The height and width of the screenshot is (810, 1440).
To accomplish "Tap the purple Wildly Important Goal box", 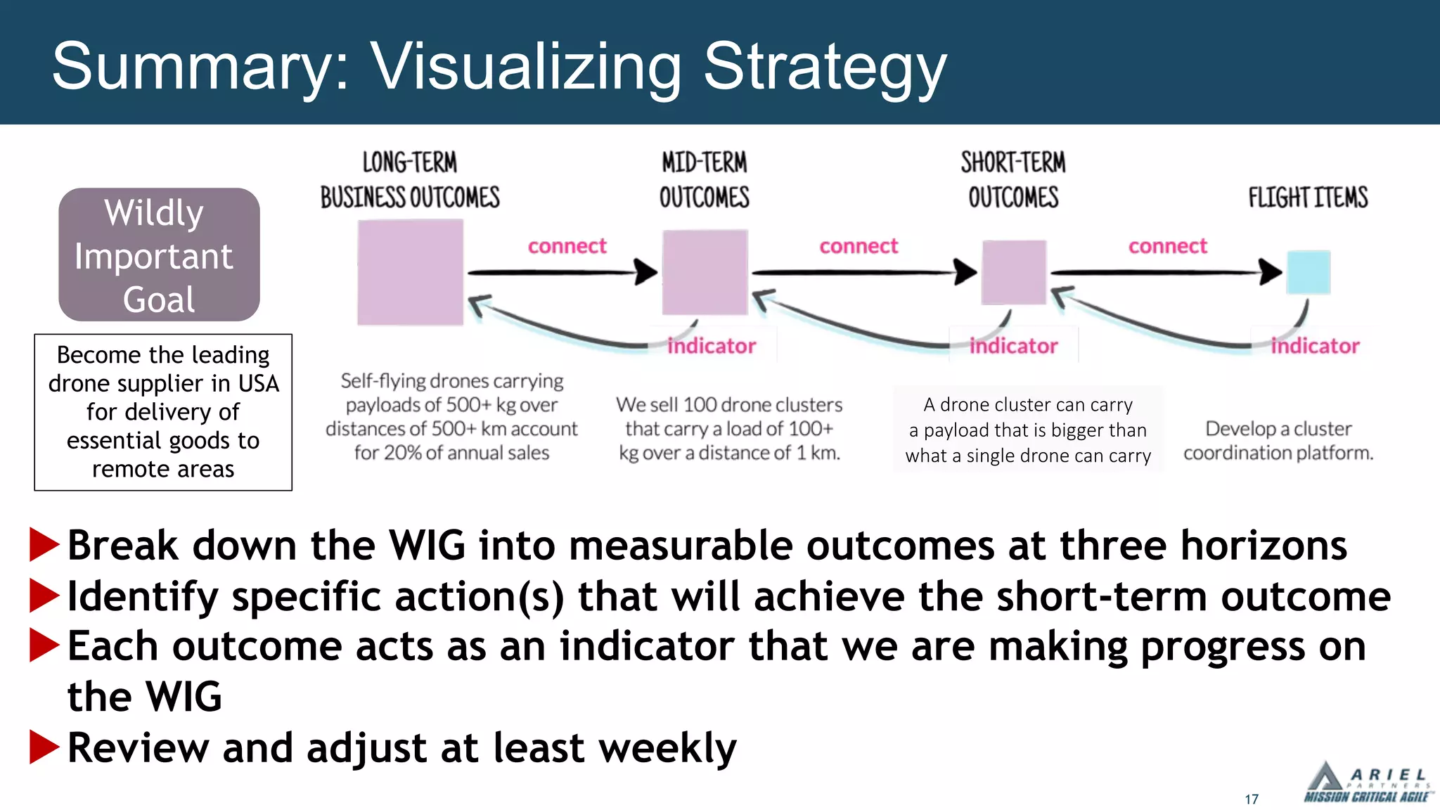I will pos(159,255).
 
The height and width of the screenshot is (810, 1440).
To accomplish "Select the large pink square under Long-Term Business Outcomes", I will pos(410,272).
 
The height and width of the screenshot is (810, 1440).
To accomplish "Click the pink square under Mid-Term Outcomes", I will pos(705,272).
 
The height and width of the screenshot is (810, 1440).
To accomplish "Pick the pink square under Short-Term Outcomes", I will pos(1013,272).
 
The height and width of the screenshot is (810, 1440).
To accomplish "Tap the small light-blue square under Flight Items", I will pos(1308,272).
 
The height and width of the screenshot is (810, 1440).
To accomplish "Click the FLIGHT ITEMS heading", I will pos(1308,198).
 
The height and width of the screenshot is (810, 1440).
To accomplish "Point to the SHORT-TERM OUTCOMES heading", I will pos(1013,180).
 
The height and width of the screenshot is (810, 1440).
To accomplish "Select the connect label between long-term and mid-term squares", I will pos(567,246).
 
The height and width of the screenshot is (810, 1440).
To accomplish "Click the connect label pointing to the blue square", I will pos(1167,246).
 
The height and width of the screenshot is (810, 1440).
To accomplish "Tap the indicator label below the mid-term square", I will pos(711,346).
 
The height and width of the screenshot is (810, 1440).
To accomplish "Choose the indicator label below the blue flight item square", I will pos(1315,346).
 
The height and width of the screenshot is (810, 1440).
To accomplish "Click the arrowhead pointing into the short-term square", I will pos(965,271).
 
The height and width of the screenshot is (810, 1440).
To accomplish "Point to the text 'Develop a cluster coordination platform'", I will pos(1278,441).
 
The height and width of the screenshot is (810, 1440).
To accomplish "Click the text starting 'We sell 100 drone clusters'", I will pos(729,428).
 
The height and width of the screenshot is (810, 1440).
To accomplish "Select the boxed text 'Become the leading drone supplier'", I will pos(163,412).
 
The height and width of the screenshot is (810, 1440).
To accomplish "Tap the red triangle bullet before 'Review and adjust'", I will pos(44,747).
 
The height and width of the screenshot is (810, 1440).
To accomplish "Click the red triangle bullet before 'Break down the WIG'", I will pos(44,546).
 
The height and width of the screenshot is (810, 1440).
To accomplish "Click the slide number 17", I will pos(1251,799).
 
